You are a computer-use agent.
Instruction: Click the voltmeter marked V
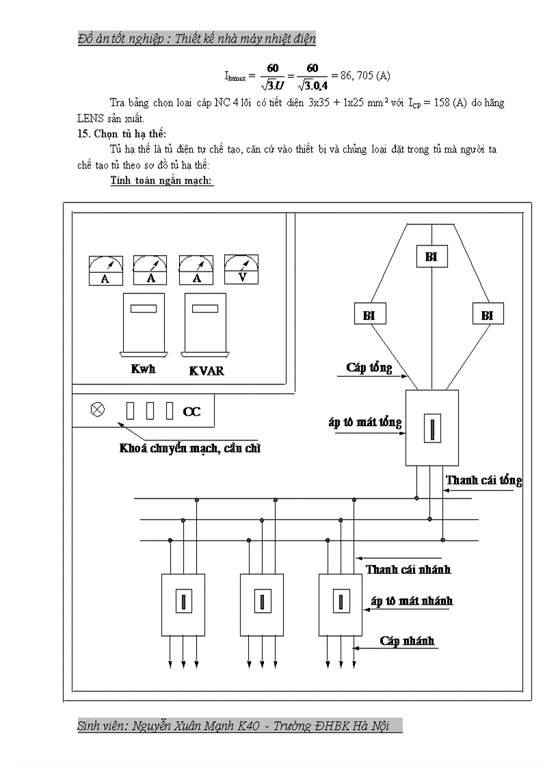point(241,270)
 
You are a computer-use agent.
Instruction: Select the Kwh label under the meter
point(143,369)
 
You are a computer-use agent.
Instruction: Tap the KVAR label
point(206,371)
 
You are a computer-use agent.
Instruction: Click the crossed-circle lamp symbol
point(98,410)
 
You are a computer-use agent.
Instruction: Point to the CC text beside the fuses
point(191,412)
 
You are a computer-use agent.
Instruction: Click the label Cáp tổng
point(369,368)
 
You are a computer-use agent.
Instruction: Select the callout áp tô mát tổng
point(364,422)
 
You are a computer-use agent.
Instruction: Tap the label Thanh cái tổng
point(483,480)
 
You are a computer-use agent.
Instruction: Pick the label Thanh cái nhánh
point(408,569)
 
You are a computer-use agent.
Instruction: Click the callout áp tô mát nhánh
point(412,601)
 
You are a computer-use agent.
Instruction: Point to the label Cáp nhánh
point(407,641)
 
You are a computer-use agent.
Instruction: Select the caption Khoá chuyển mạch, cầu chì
point(190,449)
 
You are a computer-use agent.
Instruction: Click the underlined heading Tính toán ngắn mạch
point(161,181)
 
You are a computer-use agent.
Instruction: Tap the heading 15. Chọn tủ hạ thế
point(122,133)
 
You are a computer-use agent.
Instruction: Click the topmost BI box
point(431,257)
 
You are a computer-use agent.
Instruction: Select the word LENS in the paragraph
point(92,118)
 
